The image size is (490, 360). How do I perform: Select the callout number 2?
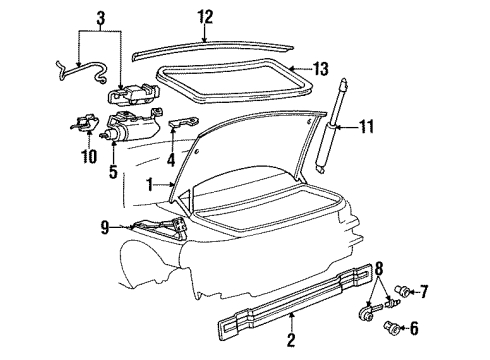coord(291,341)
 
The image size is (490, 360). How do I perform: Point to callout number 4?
coord(171,157)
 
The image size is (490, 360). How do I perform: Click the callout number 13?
coord(321,68)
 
